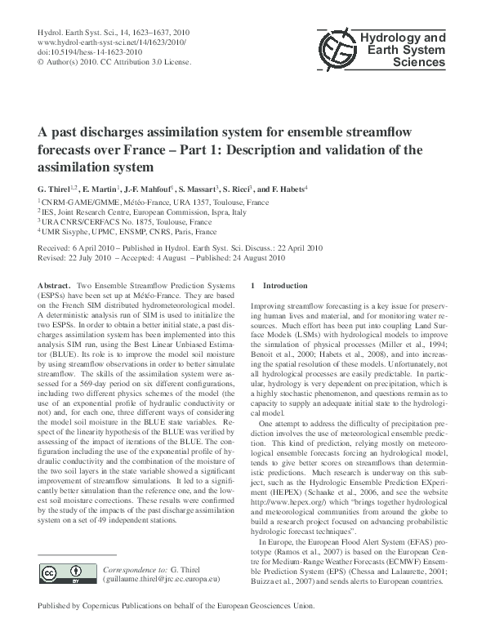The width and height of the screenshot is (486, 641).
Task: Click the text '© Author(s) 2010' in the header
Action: (x=71, y=62)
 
